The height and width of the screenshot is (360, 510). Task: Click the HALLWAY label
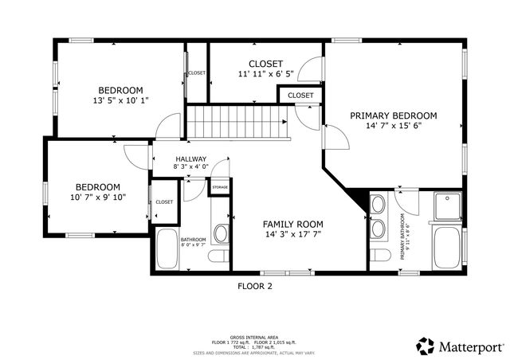coord(190,158)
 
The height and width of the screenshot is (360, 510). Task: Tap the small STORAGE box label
coord(219,187)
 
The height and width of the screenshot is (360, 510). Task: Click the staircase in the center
coord(237,122)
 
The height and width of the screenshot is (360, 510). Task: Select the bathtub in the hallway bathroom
coord(167,248)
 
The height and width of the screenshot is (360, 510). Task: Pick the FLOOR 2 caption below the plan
coord(255,286)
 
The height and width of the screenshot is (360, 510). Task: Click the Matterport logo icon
coord(426,346)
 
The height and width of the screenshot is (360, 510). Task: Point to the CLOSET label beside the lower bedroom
coord(164,202)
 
